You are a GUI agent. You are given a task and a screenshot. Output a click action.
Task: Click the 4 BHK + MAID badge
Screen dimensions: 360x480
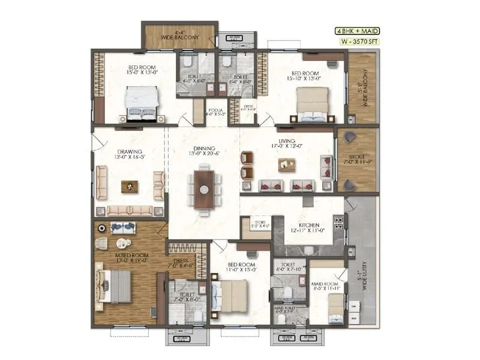point(356,31)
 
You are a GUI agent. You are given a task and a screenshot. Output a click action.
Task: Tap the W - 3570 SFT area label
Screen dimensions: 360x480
point(356,43)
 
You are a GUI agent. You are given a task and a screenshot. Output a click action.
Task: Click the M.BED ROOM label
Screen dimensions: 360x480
point(116,259)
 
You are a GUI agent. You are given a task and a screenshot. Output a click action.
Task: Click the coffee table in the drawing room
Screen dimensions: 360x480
point(128,187)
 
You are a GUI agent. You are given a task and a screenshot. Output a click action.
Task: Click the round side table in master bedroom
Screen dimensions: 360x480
point(122,243)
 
